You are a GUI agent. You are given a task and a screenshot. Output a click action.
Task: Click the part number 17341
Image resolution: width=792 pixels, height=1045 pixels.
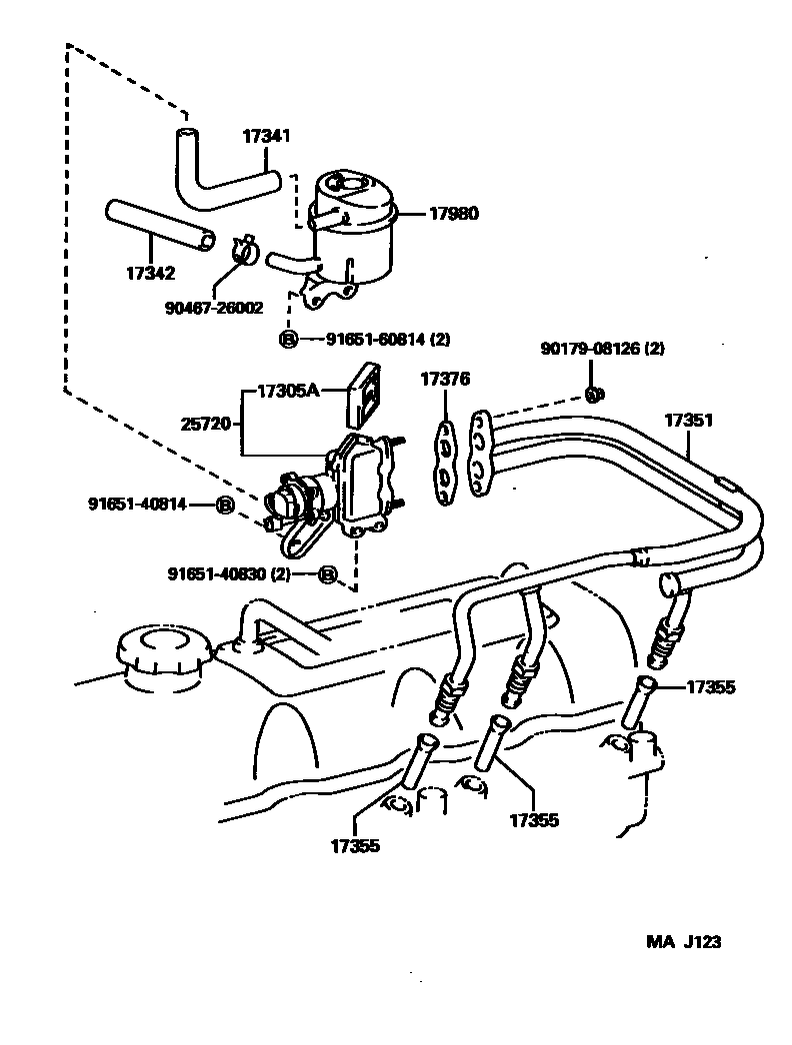tap(266, 137)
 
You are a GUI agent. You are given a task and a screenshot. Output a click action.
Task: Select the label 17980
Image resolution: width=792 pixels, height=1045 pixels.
tap(454, 213)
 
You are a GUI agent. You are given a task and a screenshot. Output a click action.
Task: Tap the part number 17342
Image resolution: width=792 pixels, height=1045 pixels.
tap(151, 272)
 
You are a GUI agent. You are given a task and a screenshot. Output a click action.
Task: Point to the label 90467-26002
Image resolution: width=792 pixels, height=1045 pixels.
tap(215, 309)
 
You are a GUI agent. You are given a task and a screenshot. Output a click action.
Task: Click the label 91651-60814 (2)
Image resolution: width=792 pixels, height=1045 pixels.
tap(387, 340)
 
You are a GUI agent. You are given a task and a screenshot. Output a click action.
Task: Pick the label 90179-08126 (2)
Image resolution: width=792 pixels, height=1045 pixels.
tap(603, 349)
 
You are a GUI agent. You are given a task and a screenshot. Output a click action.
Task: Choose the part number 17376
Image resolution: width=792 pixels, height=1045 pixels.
tap(444, 380)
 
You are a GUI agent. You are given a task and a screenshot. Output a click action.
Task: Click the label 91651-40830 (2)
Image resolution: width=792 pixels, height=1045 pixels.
tap(242, 574)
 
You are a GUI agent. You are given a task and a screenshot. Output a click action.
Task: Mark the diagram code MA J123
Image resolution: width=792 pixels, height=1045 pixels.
tap(683, 941)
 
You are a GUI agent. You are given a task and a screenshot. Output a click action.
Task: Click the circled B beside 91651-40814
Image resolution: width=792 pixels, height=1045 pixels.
tap(225, 505)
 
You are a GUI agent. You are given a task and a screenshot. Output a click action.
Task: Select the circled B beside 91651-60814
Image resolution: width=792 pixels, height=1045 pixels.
tap(288, 340)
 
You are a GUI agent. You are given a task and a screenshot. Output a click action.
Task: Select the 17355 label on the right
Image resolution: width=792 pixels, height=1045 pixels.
tap(711, 687)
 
